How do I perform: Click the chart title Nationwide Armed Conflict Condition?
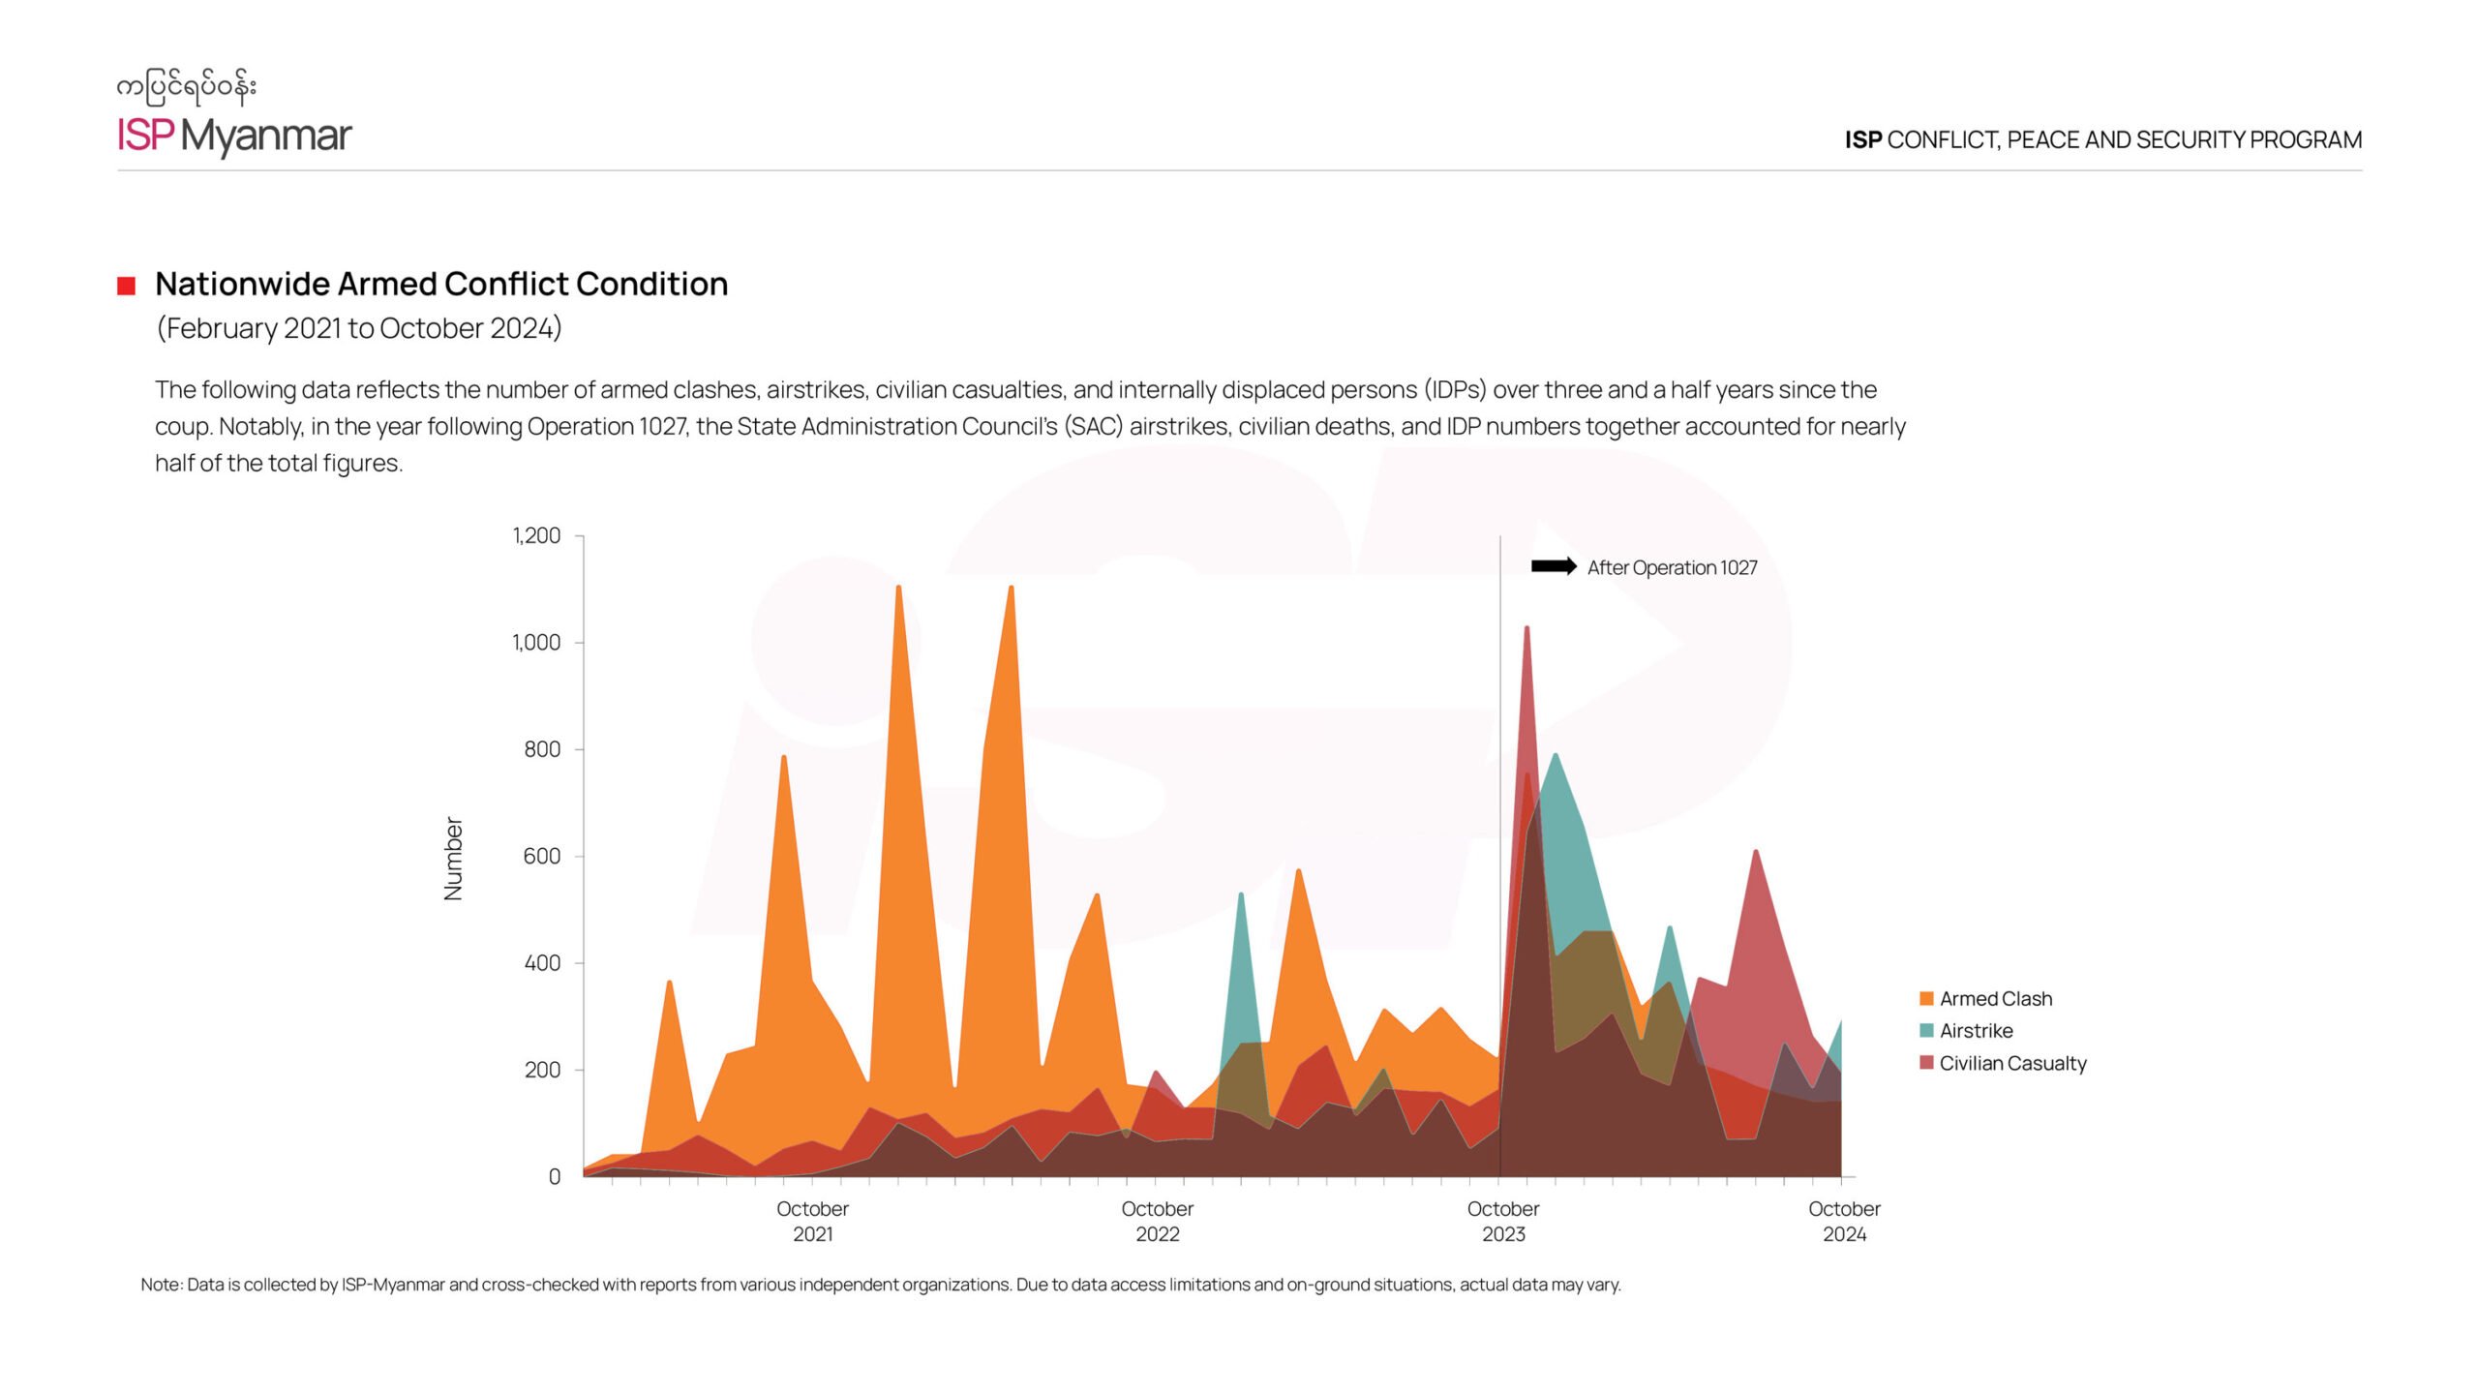[x=441, y=284]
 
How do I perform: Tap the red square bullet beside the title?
[x=126, y=286]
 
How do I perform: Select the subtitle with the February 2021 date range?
[x=358, y=328]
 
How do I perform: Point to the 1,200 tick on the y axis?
[x=536, y=535]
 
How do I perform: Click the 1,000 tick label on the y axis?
[x=536, y=642]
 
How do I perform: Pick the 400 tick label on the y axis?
[x=541, y=962]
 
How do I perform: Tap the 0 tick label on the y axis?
[x=555, y=1176]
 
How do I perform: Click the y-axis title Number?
[x=453, y=858]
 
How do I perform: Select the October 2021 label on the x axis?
[x=812, y=1221]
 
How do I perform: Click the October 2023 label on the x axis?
[x=1502, y=1221]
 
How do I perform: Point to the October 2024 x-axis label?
[x=1844, y=1221]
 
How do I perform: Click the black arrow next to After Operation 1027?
[x=1554, y=566]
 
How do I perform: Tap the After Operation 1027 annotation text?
[x=1672, y=568]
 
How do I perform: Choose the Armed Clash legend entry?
[x=1994, y=999]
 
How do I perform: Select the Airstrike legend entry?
[x=1975, y=1031]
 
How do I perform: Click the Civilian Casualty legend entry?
[x=2011, y=1063]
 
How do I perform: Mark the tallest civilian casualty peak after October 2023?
[x=1526, y=629]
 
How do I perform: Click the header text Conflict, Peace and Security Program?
[x=2102, y=140]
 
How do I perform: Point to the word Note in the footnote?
[x=161, y=1285]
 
